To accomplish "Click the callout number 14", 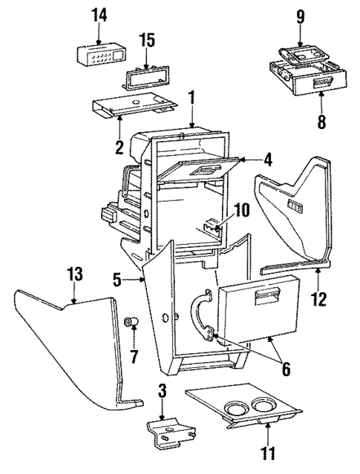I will click(x=99, y=16).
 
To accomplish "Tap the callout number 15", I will click(x=149, y=38).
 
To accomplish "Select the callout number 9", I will click(x=301, y=16).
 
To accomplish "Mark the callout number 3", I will click(x=163, y=390).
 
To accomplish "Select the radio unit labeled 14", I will click(x=99, y=54).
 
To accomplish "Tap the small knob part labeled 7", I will click(x=131, y=323).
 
